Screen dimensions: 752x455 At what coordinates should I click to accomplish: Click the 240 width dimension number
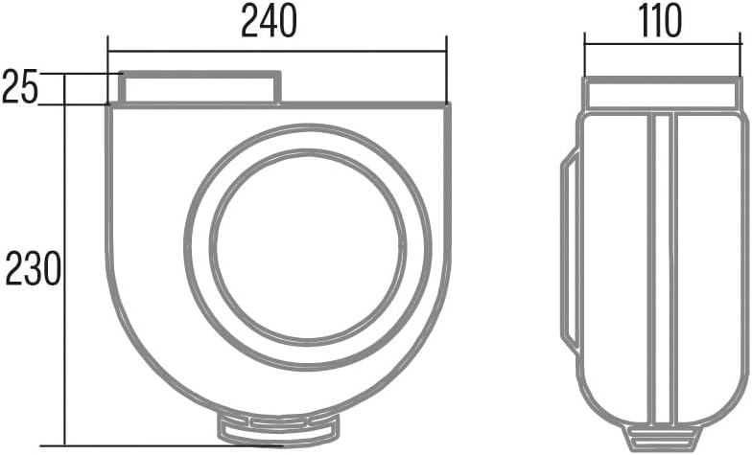click(x=269, y=22)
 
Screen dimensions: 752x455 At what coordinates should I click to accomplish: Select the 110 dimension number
click(x=660, y=21)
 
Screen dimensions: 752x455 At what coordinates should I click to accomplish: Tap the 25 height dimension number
click(x=19, y=86)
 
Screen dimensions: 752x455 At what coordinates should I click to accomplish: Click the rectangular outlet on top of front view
click(x=200, y=87)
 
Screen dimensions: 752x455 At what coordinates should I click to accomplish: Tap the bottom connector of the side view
click(x=662, y=434)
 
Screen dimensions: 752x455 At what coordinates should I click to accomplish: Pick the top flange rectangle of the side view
click(x=662, y=94)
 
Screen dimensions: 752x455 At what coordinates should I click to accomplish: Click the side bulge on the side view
click(x=571, y=250)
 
